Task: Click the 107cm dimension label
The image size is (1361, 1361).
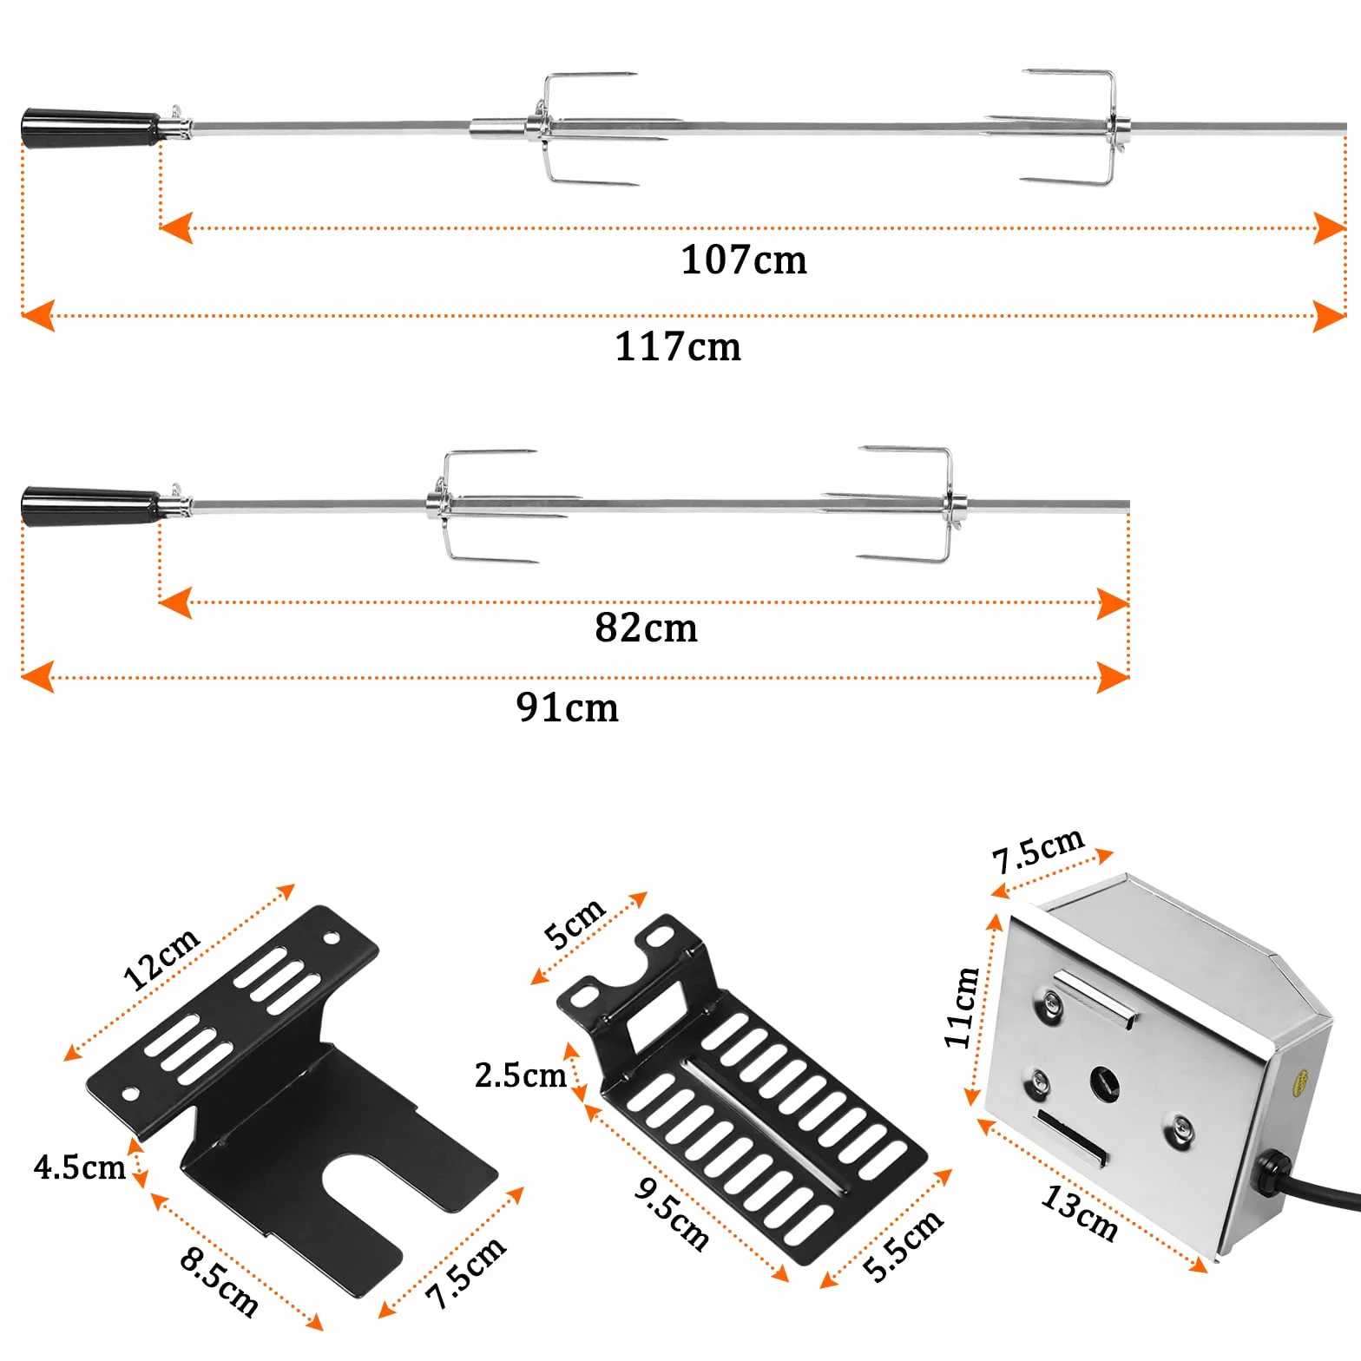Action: pyautogui.click(x=744, y=260)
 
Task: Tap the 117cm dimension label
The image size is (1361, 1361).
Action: pyautogui.click(x=678, y=346)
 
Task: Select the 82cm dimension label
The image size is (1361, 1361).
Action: pyautogui.click(x=646, y=628)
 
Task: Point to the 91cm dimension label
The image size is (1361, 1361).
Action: pyautogui.click(x=568, y=707)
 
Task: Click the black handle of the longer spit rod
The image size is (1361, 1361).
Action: pyautogui.click(x=91, y=128)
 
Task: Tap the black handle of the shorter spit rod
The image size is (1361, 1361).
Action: pyautogui.click(x=91, y=506)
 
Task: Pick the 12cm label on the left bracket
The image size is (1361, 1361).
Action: pyautogui.click(x=161, y=958)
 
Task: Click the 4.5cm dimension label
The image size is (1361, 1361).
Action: pyautogui.click(x=80, y=1167)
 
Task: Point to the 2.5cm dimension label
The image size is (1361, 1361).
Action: pyautogui.click(x=520, y=1075)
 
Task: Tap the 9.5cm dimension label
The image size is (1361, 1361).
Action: pyautogui.click(x=672, y=1213)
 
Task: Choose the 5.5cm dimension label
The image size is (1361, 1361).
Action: pyautogui.click(x=903, y=1245)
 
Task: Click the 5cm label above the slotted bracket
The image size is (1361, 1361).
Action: pyautogui.click(x=574, y=922)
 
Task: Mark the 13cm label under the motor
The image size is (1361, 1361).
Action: pyautogui.click(x=1080, y=1212)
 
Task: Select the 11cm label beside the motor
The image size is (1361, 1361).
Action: pyautogui.click(x=962, y=1007)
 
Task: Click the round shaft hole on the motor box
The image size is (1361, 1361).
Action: pyautogui.click(x=1104, y=1083)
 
